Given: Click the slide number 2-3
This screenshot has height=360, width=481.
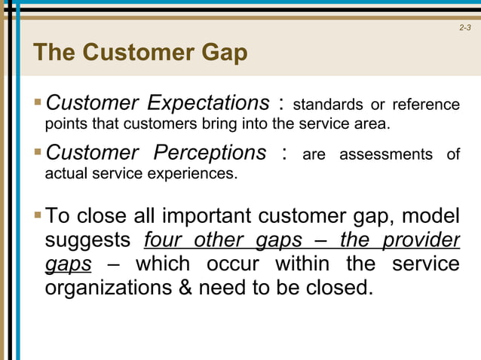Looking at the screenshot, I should [464, 29].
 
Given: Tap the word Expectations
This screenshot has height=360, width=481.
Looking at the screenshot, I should [207, 102].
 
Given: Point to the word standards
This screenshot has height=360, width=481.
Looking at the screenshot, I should [323, 104].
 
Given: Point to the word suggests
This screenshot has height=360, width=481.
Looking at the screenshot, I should [90, 241].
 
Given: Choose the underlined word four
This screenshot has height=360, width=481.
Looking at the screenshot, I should [162, 240].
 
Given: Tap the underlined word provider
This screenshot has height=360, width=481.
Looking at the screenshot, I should [424, 240].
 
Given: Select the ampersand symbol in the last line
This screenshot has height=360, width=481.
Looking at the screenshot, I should [185, 288].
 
